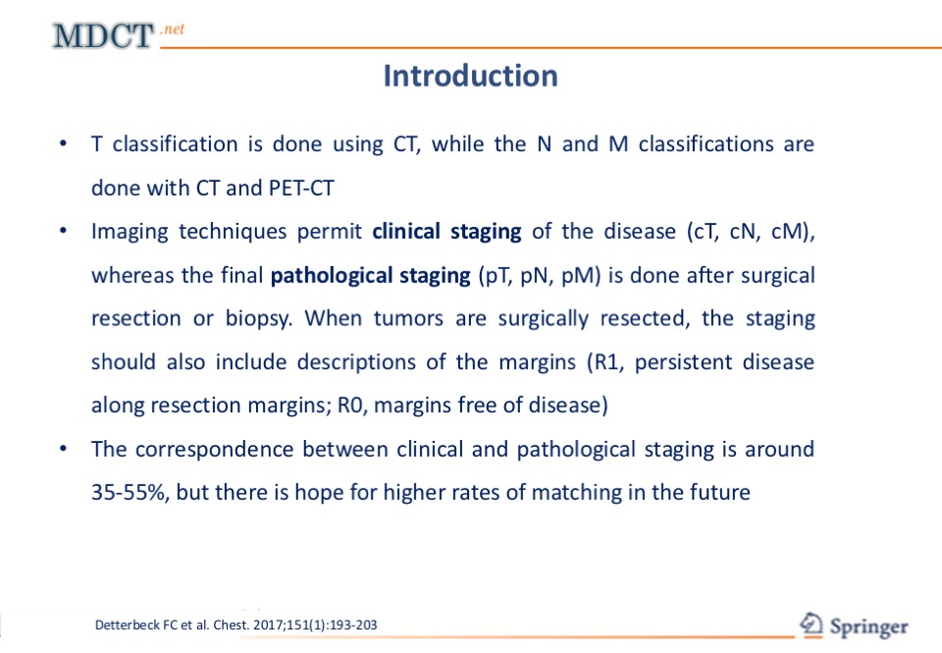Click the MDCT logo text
pos(103,35)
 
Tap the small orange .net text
pos(173,29)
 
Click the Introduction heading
pos(470,76)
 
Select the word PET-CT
pos(301,189)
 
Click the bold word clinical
pos(406,232)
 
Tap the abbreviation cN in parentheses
pos(744,232)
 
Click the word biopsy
pos(259,319)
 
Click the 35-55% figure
pos(130,493)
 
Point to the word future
pos(720,493)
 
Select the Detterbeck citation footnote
pos(236,625)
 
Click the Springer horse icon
pos(811,625)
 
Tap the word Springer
pos(869,627)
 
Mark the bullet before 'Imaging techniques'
pos(63,231)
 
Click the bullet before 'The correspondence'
pos(63,449)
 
